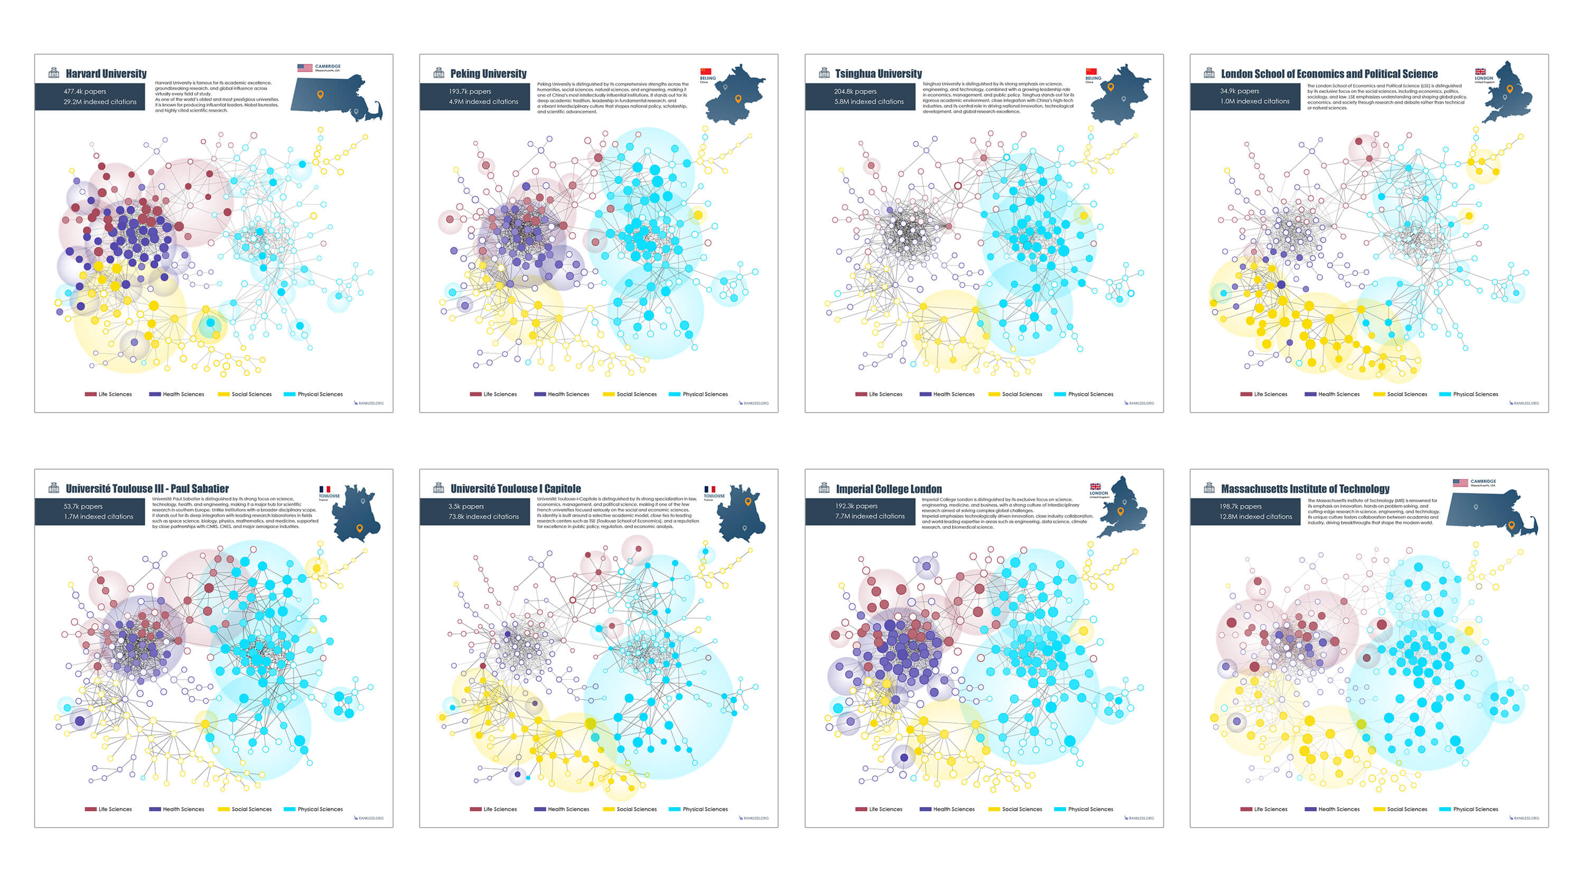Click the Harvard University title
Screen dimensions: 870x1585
tap(106, 74)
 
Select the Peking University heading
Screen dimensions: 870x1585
tap(488, 74)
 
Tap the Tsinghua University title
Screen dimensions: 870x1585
tap(878, 74)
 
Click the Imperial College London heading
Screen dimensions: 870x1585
tap(889, 489)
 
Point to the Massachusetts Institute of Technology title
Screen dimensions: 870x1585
tap(1305, 489)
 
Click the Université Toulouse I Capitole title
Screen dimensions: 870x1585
tap(516, 489)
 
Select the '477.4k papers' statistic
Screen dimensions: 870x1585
tap(85, 91)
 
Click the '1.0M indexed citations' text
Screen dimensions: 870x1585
tap(1255, 101)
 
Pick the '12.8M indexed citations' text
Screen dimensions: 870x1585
tap(1255, 517)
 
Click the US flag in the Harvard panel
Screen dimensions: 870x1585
tap(304, 68)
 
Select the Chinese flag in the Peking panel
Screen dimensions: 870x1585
tap(706, 71)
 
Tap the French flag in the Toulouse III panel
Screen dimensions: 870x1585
tap(324, 489)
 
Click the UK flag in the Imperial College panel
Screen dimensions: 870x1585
tap(1095, 487)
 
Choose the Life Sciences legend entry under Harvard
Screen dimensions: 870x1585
tap(109, 395)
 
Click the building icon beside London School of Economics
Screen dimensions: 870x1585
tap(1209, 73)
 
